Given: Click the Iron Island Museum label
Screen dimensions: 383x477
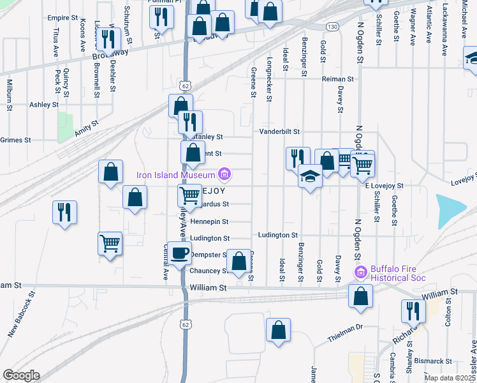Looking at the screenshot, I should tap(177, 174).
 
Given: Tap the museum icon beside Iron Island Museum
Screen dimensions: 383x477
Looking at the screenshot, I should tap(224, 174).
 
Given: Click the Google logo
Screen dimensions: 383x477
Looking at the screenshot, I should tap(21, 375).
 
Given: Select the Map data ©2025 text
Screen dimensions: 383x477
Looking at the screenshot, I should tap(450, 378).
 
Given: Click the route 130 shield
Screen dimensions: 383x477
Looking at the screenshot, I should tap(332, 27).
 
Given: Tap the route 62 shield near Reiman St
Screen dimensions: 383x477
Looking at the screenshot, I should tap(184, 85).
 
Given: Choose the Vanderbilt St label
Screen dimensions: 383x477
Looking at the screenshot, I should tap(279, 131).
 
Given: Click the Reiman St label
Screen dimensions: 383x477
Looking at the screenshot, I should tap(337, 79).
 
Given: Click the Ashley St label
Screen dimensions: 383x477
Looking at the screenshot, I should tap(44, 104).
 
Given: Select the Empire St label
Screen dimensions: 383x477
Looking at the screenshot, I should tap(62, 18).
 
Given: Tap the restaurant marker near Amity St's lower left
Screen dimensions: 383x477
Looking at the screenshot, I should tap(65, 212).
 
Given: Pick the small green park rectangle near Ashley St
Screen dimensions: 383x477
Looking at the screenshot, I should tap(66, 126).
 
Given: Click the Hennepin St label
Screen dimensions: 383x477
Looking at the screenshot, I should tap(210, 222).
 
